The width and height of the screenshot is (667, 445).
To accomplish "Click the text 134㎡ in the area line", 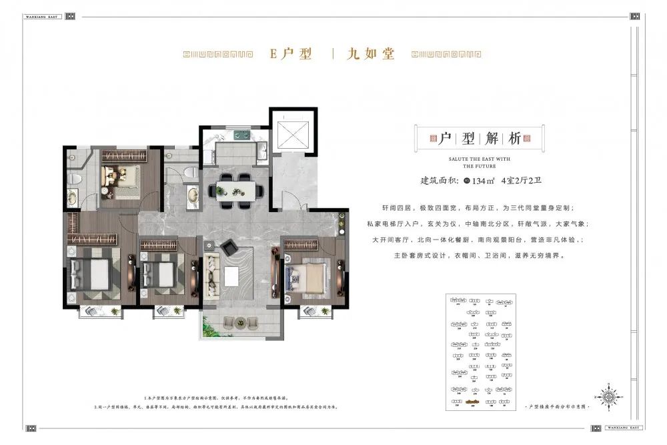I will point(490,179).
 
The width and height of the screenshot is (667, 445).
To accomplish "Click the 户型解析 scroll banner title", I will point(479,138).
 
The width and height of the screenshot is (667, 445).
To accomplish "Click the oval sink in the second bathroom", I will point(192,195).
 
